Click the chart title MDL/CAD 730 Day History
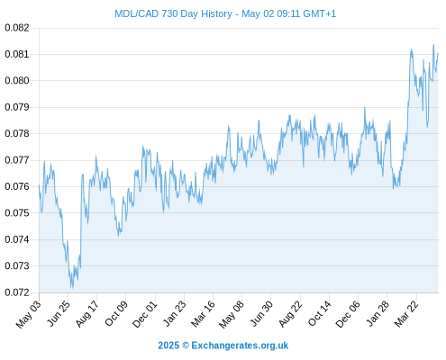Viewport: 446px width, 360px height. (x=173, y=13)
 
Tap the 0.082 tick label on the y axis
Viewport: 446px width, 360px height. (x=17, y=28)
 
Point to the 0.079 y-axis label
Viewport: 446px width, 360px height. (x=17, y=107)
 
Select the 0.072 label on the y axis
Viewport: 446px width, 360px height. (x=17, y=292)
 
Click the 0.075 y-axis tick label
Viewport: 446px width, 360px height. (x=17, y=213)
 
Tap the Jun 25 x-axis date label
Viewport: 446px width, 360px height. (x=59, y=313)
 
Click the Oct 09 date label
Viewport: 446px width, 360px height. (x=116, y=313)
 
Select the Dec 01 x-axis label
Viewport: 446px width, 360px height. (x=145, y=314)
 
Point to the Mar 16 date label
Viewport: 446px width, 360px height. (x=204, y=313)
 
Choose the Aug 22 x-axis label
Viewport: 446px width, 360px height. (x=290, y=313)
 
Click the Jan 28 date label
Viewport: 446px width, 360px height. (x=378, y=313)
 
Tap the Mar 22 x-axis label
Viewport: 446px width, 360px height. (x=406, y=313)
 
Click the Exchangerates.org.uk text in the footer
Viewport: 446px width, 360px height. (x=240, y=346)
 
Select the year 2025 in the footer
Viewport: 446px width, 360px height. (x=168, y=346)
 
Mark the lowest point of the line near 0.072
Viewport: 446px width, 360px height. (x=72, y=289)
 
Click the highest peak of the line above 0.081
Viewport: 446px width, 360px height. (x=433, y=45)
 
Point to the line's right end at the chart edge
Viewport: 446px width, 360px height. (x=438, y=53)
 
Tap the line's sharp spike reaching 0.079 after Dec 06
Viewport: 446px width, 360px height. (x=365, y=107)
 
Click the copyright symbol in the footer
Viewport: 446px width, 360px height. (x=186, y=346)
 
